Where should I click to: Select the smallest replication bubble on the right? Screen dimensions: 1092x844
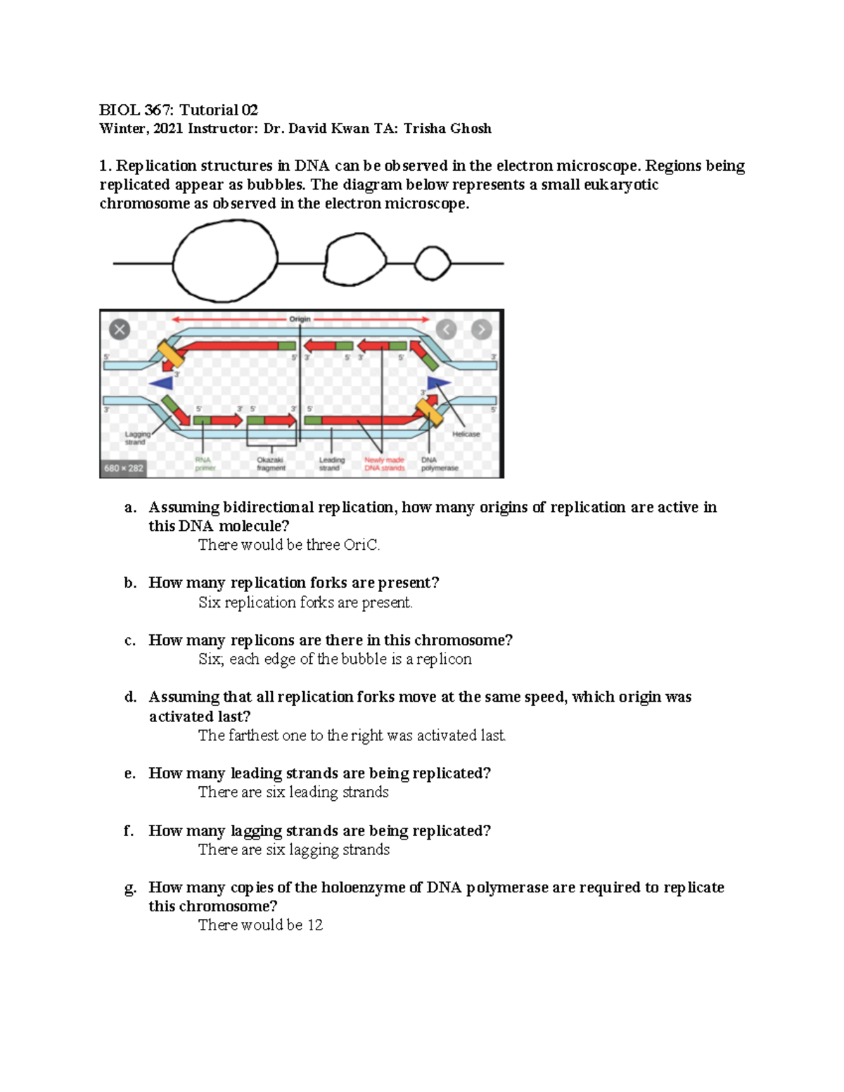point(433,263)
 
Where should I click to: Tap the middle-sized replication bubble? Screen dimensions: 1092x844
point(355,261)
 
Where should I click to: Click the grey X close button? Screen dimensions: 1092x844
point(120,329)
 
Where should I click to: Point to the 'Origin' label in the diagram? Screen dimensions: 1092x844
point(300,319)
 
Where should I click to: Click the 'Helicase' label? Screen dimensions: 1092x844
point(466,435)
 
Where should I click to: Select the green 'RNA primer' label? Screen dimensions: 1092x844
point(205,463)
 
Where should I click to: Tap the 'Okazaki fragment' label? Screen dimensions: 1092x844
point(271,463)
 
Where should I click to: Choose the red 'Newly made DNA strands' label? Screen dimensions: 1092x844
point(384,463)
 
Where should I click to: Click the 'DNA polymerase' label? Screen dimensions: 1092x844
point(439,463)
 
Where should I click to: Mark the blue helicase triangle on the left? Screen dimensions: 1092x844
point(162,383)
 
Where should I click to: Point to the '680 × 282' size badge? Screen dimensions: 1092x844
point(124,468)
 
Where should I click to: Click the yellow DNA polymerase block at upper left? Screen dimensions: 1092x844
point(170,354)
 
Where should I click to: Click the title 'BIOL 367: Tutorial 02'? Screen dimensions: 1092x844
point(179,110)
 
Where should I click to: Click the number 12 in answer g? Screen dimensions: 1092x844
point(315,925)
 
